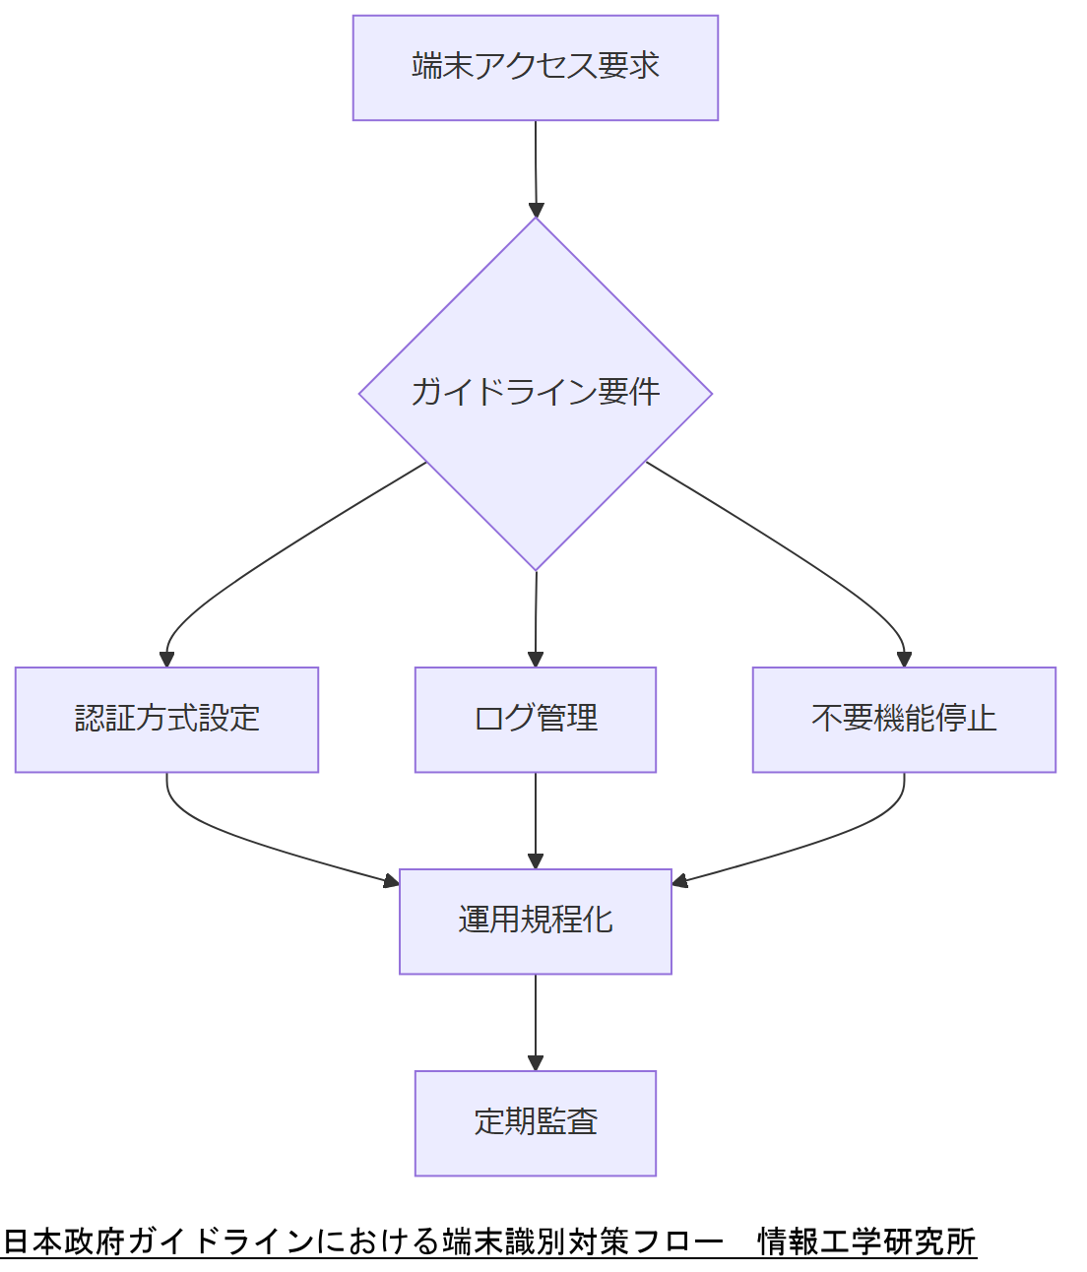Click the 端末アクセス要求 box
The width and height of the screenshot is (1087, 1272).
point(536,68)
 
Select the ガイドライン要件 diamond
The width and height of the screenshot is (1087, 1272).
point(536,393)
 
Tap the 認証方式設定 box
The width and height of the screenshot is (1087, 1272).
point(166,720)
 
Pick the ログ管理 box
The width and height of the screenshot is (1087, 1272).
point(536,720)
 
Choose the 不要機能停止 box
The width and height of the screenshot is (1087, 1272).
point(904,720)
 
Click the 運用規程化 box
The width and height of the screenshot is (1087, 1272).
point(536,922)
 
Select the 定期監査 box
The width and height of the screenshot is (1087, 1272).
point(536,1123)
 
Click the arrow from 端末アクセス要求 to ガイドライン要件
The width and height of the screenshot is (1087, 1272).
point(536,167)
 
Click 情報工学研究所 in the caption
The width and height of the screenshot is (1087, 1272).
point(866,1241)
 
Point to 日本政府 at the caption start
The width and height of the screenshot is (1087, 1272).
point(64,1241)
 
